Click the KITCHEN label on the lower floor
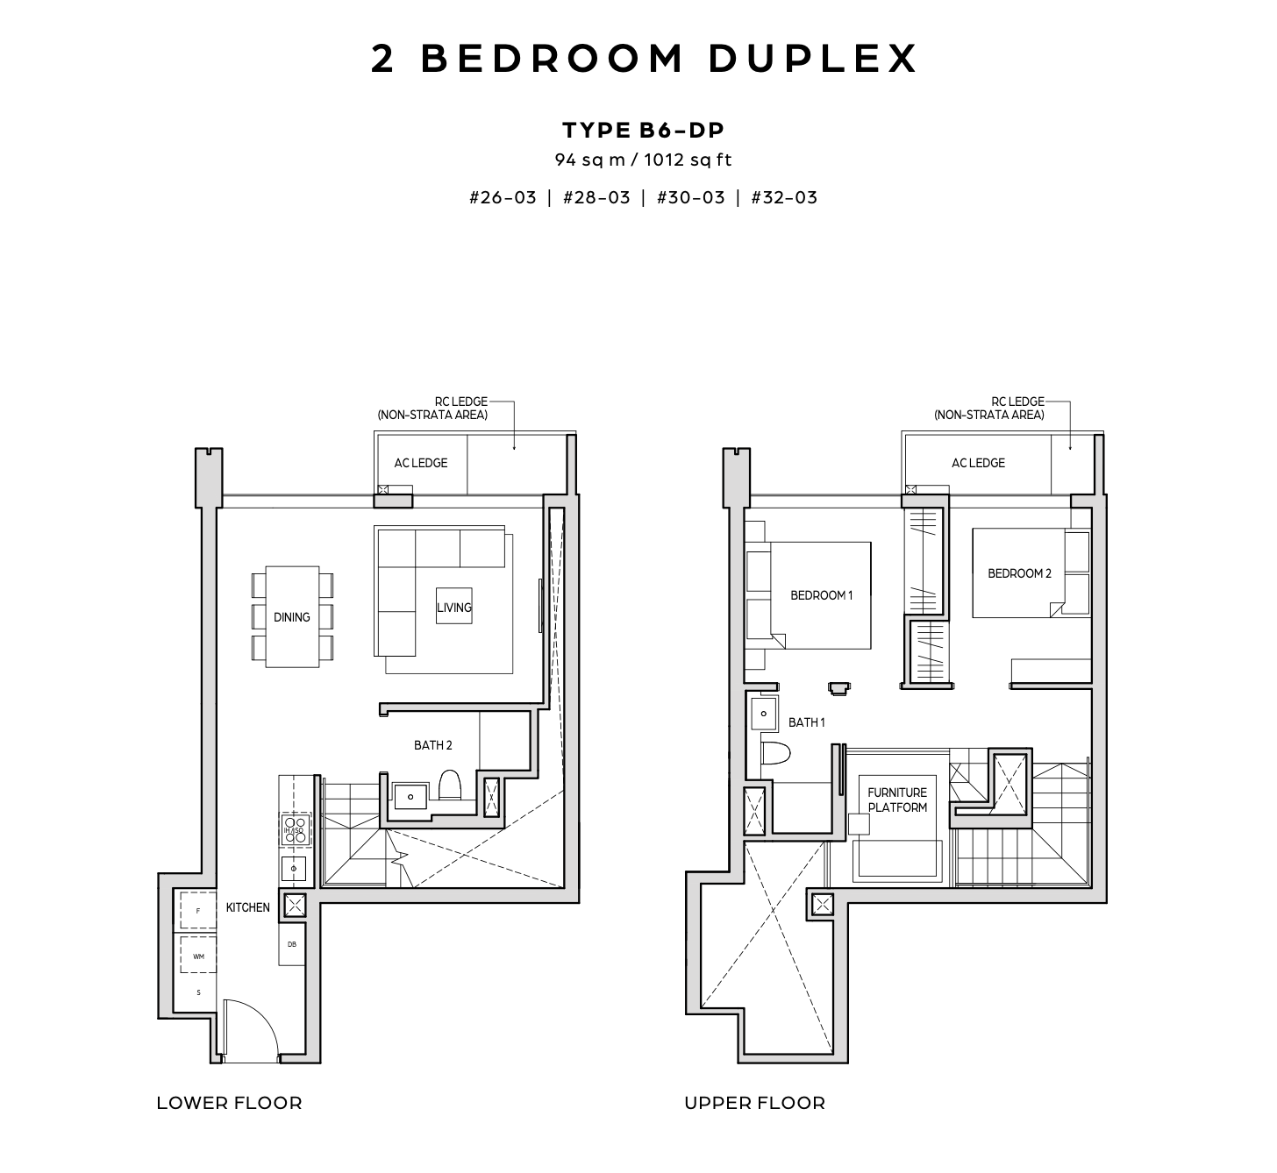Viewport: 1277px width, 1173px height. (247, 907)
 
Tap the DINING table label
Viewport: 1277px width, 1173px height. (291, 616)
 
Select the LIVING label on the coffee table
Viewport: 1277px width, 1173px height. (454, 608)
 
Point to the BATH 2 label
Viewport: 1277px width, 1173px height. (433, 744)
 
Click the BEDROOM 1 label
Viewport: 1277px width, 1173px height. (821, 595)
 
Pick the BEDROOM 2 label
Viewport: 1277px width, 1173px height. (1019, 572)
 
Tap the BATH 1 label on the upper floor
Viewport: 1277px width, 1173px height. (807, 722)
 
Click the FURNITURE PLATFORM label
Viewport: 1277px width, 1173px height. (897, 800)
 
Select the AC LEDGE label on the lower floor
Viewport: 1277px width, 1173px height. (421, 463)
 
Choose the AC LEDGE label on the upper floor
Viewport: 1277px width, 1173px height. (978, 463)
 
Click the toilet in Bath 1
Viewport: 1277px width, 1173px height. (775, 753)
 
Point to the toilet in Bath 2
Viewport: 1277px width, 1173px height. (449, 786)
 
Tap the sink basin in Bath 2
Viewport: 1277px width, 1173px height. (410, 796)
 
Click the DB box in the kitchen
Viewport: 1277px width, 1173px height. (291, 944)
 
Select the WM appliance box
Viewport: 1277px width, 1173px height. (198, 956)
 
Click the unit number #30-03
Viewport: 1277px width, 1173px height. (691, 197)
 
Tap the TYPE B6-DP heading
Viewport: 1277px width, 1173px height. (644, 131)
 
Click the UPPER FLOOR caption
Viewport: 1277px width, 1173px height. (754, 1102)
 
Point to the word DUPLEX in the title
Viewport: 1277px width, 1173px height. (813, 59)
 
